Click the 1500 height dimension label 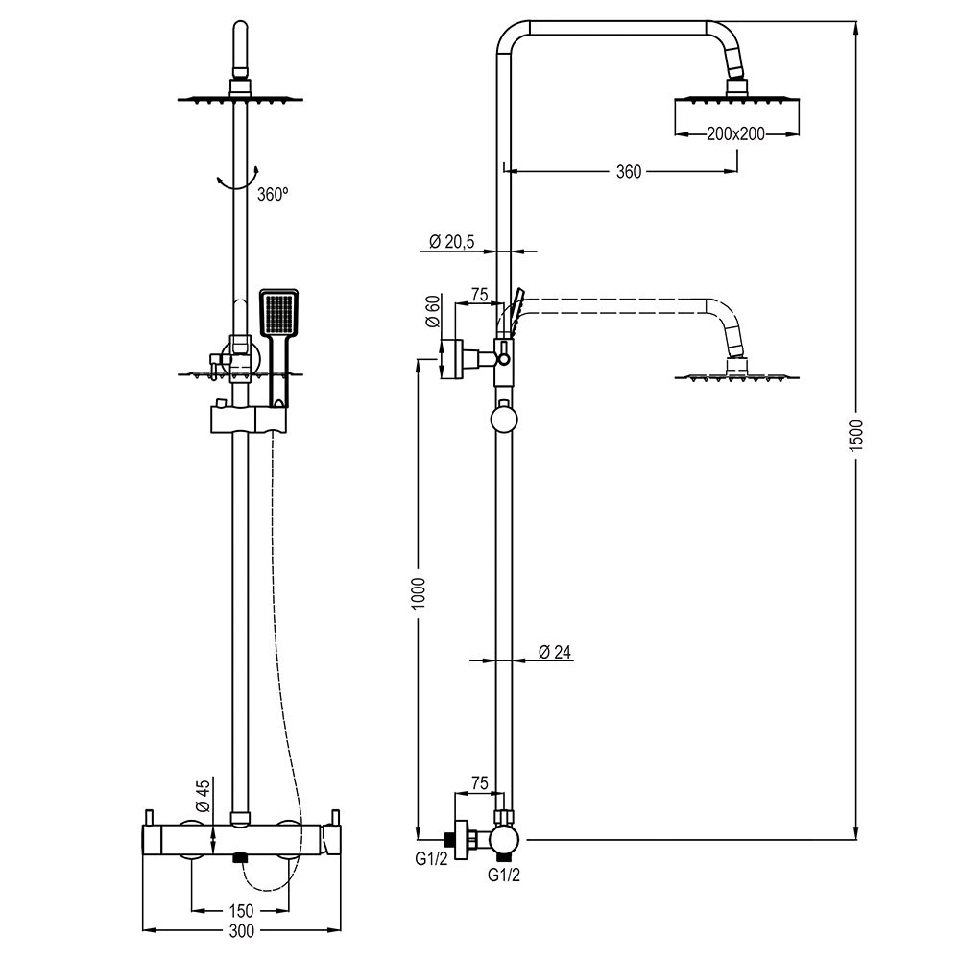point(857,436)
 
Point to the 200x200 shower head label point(735,134)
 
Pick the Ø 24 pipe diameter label point(554,653)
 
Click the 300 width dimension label point(241,931)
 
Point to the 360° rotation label point(273,194)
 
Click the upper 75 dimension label point(480,295)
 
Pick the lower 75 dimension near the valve point(479,783)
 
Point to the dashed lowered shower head point(735,375)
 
